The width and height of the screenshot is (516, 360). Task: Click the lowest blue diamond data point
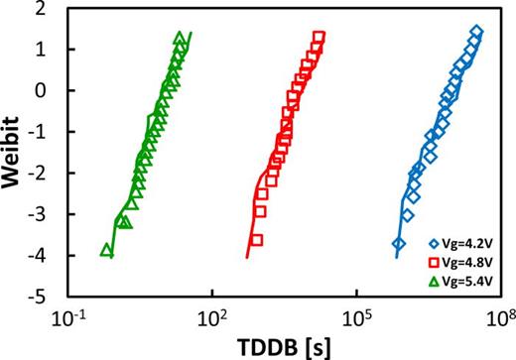399,243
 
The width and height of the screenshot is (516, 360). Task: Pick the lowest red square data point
256,240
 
